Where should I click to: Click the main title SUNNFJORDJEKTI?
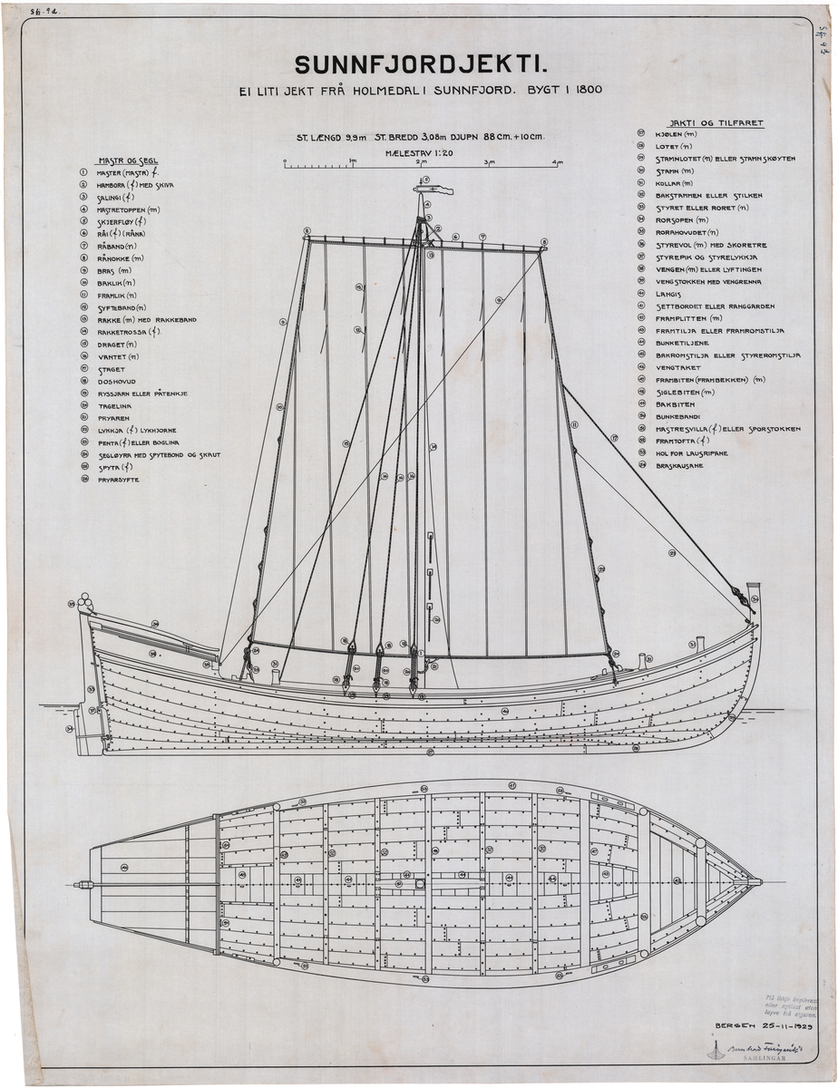422,64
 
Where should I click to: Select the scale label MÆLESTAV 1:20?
418,154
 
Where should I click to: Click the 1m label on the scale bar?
352,161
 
